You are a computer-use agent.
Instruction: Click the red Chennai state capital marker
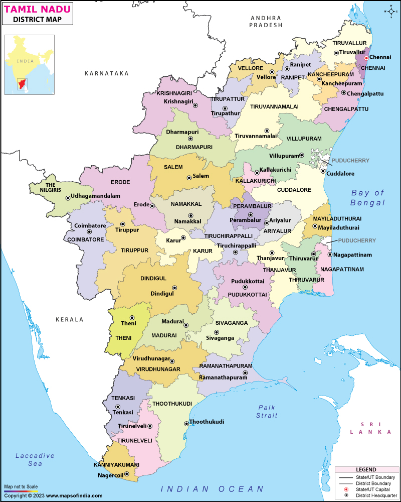pos(365,58)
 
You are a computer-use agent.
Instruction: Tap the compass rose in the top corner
pos(390,11)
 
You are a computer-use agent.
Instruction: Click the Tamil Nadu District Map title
pos(38,14)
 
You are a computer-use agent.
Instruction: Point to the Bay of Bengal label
pos(367,197)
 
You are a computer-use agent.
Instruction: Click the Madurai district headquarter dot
pos(186,325)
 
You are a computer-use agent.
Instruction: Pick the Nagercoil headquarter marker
pos(126,474)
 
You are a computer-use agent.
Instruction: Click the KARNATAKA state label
pos(106,73)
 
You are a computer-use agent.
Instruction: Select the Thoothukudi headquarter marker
pos(186,424)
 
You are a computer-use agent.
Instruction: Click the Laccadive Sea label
pos(35,459)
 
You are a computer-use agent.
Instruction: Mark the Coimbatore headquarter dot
pos(89,232)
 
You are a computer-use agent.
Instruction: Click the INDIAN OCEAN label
pos(212,488)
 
